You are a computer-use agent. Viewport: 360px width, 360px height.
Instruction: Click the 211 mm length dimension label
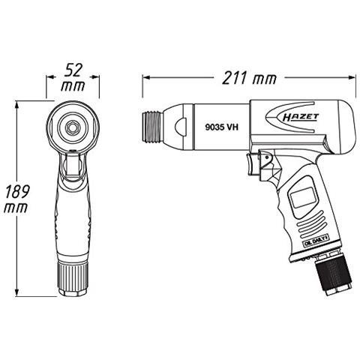(248, 77)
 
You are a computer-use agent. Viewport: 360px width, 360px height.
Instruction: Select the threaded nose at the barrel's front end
(151, 127)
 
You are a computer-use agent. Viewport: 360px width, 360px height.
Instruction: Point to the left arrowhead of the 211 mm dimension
(145, 77)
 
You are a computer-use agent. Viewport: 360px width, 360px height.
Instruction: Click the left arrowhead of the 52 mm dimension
(50, 77)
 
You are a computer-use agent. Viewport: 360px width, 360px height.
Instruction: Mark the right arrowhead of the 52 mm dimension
(95, 77)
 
